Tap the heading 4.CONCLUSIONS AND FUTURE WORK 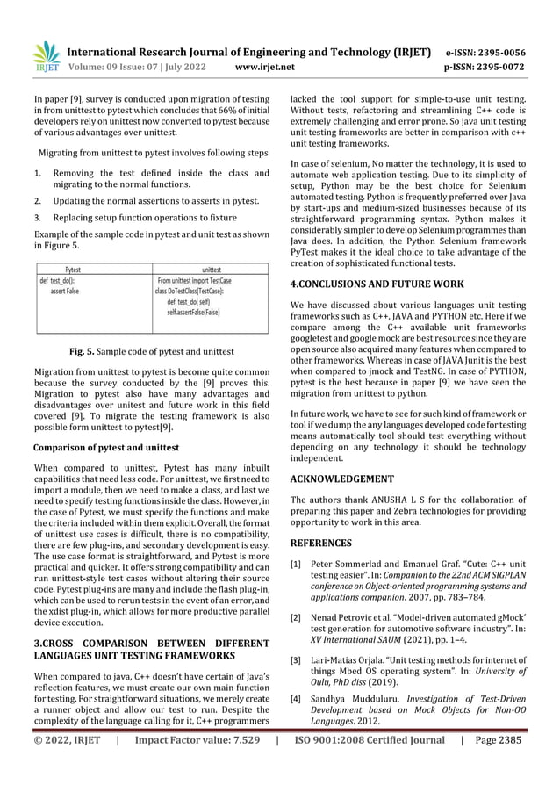point(377,284)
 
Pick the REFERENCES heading point(322,543)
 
